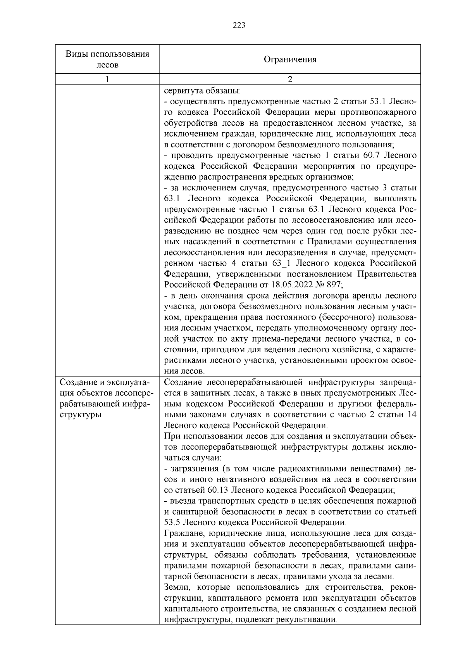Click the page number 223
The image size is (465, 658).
[x=239, y=26]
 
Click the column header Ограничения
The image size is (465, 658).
[x=290, y=59]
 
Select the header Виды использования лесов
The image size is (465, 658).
[x=107, y=59]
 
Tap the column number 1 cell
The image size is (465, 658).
[x=107, y=79]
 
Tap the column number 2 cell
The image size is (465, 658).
[x=290, y=79]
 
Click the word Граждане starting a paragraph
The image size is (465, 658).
[x=183, y=533]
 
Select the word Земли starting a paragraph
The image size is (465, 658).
[x=176, y=587]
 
